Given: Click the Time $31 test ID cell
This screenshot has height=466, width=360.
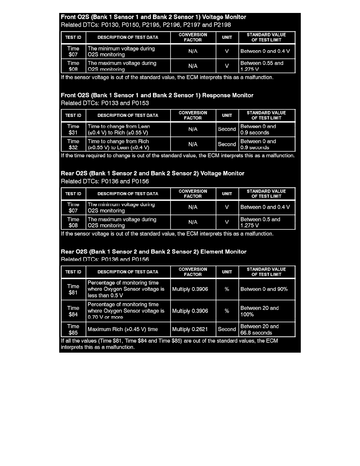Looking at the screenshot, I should click(73, 129).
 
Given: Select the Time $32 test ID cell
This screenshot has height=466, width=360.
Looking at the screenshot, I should click(73, 144).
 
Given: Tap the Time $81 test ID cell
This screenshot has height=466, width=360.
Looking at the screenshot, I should click(73, 289).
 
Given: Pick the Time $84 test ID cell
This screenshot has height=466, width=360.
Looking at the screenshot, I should click(73, 311).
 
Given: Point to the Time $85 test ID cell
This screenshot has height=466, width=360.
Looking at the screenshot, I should click(73, 329).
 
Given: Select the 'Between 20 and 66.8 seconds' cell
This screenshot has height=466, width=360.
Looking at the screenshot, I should click(267, 329).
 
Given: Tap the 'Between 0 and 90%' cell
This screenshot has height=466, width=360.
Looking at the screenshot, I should click(267, 289).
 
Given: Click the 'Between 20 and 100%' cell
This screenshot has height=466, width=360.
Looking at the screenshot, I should click(267, 311).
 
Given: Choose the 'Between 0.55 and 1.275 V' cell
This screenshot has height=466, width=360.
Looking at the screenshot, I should click(267, 66).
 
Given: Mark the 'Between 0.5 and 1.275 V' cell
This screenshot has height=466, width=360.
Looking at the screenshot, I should click(267, 222).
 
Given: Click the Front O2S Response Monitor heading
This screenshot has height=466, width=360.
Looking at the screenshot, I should click(157, 95).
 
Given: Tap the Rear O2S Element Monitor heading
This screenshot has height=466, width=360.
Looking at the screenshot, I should click(153, 252).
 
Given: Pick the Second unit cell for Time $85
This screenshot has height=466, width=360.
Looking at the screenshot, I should click(227, 329).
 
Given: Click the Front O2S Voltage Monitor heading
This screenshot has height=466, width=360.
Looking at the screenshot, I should click(153, 17).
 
